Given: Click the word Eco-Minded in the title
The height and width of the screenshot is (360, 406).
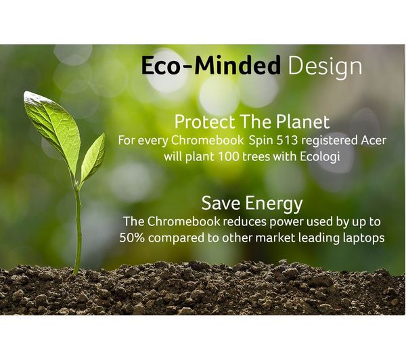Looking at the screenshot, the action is click(210, 65).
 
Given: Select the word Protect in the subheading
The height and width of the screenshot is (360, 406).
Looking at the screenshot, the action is click(204, 122).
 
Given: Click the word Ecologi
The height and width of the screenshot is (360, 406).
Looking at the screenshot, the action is click(320, 157).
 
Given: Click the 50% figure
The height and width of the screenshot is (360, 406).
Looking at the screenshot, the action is click(132, 238).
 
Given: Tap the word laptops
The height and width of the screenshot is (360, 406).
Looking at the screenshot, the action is click(363, 238).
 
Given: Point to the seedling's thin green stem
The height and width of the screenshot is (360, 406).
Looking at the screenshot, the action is click(77, 228).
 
